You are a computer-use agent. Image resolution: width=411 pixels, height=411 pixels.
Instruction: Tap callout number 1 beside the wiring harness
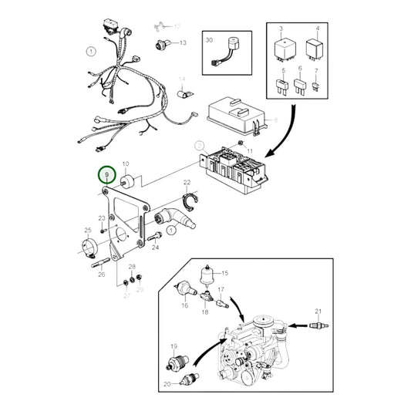pos(90,52)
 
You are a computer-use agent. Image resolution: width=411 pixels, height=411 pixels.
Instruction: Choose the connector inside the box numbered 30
pos(227,54)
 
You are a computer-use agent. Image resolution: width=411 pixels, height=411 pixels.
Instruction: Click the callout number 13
pos(184,42)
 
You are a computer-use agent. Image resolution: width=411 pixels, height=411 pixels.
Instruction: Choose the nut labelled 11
pos(241,143)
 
